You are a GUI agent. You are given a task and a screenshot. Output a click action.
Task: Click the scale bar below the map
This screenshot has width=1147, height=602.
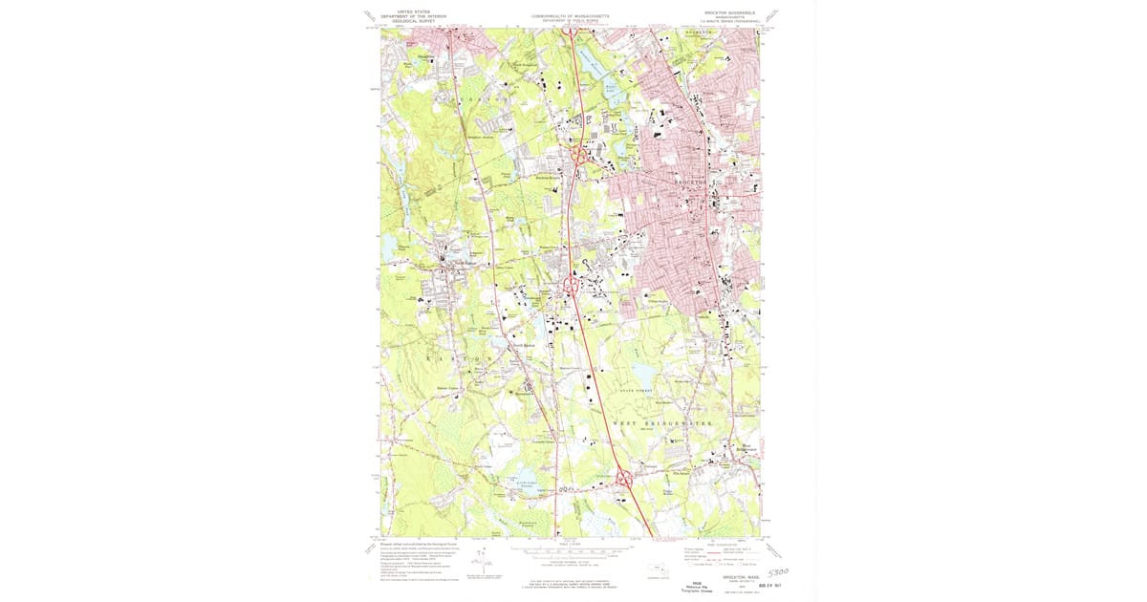click(571, 551)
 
